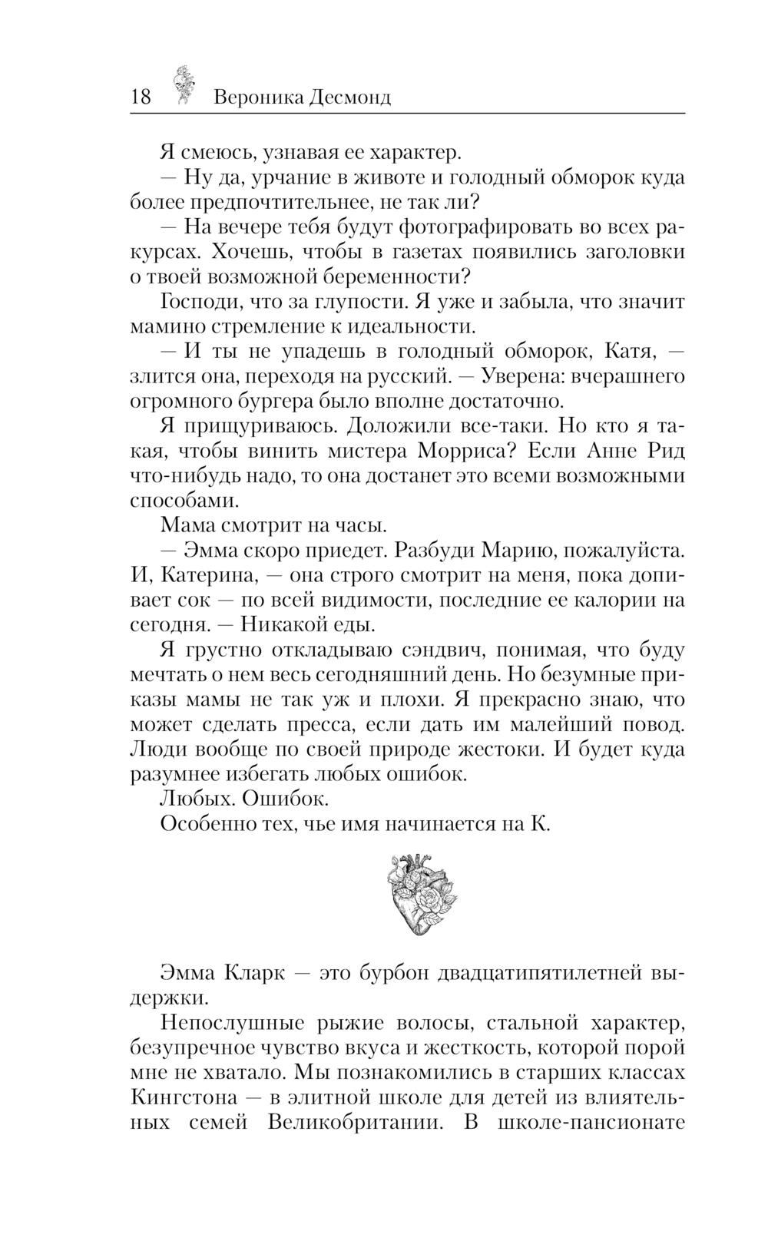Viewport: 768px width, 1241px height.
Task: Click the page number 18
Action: point(141,97)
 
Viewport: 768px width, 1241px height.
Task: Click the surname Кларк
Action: point(253,974)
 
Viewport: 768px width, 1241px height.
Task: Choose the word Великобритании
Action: point(356,1122)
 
